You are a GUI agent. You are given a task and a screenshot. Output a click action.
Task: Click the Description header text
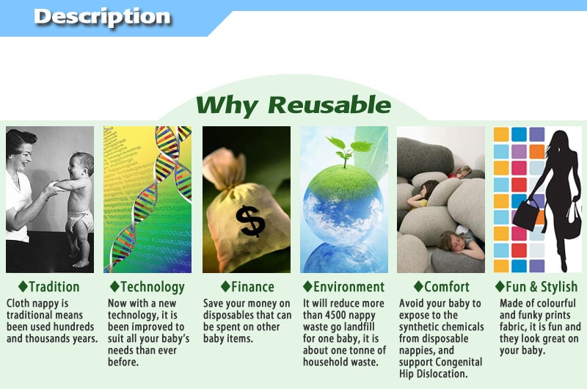102,17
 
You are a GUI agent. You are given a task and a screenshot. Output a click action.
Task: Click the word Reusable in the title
329,104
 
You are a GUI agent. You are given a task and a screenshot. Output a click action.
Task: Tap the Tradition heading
54,287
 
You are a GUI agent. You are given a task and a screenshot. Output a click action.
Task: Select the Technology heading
153,288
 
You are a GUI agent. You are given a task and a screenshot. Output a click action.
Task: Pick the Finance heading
252,287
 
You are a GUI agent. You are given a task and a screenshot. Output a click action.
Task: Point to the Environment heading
349,287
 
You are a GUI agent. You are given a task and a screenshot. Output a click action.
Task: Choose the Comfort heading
447,287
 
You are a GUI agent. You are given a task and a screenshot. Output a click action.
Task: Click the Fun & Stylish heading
542,287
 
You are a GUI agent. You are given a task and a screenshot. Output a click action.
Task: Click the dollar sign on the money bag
250,221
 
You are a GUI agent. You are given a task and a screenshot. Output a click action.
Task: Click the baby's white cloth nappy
79,220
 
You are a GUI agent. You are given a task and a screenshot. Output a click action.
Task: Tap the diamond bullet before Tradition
23,286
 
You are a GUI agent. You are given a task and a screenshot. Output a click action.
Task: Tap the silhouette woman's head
559,142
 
